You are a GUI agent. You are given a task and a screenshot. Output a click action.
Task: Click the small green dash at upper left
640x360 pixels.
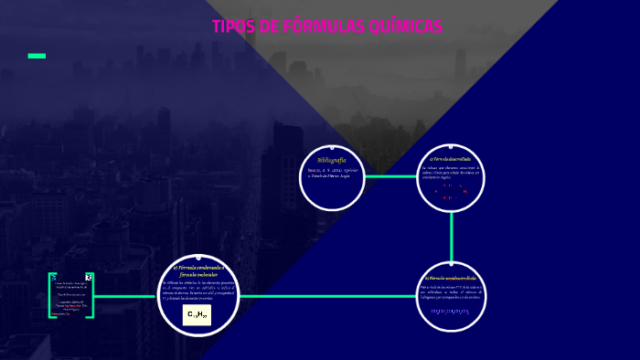tap(37, 56)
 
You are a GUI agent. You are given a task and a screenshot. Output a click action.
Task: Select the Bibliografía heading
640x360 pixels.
tap(332, 160)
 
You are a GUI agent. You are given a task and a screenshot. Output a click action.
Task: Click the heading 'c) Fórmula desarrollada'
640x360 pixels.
tap(450, 159)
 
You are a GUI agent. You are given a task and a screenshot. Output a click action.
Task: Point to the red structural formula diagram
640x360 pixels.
tap(450, 191)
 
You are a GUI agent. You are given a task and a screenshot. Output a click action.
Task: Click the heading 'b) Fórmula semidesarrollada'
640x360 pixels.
tap(451, 277)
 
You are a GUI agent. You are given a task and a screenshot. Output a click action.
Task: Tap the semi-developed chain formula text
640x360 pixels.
tap(450, 312)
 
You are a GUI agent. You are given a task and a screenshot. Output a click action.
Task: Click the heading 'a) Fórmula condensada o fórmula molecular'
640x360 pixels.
tap(198, 270)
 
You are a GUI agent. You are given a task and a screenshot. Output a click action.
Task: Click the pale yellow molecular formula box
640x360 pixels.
tap(197, 314)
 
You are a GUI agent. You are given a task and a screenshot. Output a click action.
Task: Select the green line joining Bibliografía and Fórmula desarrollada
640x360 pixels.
tap(390, 176)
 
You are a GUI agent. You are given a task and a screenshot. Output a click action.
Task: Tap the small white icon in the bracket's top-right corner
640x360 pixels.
tap(89, 277)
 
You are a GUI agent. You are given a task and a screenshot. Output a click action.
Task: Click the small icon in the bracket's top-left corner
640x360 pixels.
tap(54, 277)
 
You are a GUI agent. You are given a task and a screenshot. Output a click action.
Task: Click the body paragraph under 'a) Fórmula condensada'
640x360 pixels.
tap(198, 290)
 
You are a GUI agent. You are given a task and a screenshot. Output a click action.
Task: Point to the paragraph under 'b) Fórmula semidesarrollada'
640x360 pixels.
tap(451, 292)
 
